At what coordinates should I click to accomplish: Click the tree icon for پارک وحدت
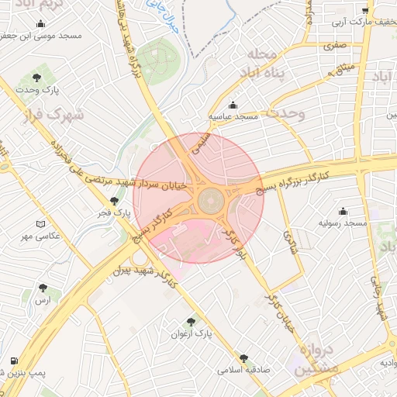coord(36,78)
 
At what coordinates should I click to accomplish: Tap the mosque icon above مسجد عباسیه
coord(233,105)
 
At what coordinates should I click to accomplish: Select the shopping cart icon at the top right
coord(365,11)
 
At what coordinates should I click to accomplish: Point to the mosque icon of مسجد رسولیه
coord(343,212)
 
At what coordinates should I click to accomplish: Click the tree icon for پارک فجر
coord(115,202)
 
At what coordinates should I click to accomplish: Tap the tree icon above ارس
coord(43,288)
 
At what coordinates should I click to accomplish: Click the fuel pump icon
coord(14,361)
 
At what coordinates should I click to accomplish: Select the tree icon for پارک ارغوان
coord(192,322)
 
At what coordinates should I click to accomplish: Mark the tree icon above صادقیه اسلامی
coord(244,358)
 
